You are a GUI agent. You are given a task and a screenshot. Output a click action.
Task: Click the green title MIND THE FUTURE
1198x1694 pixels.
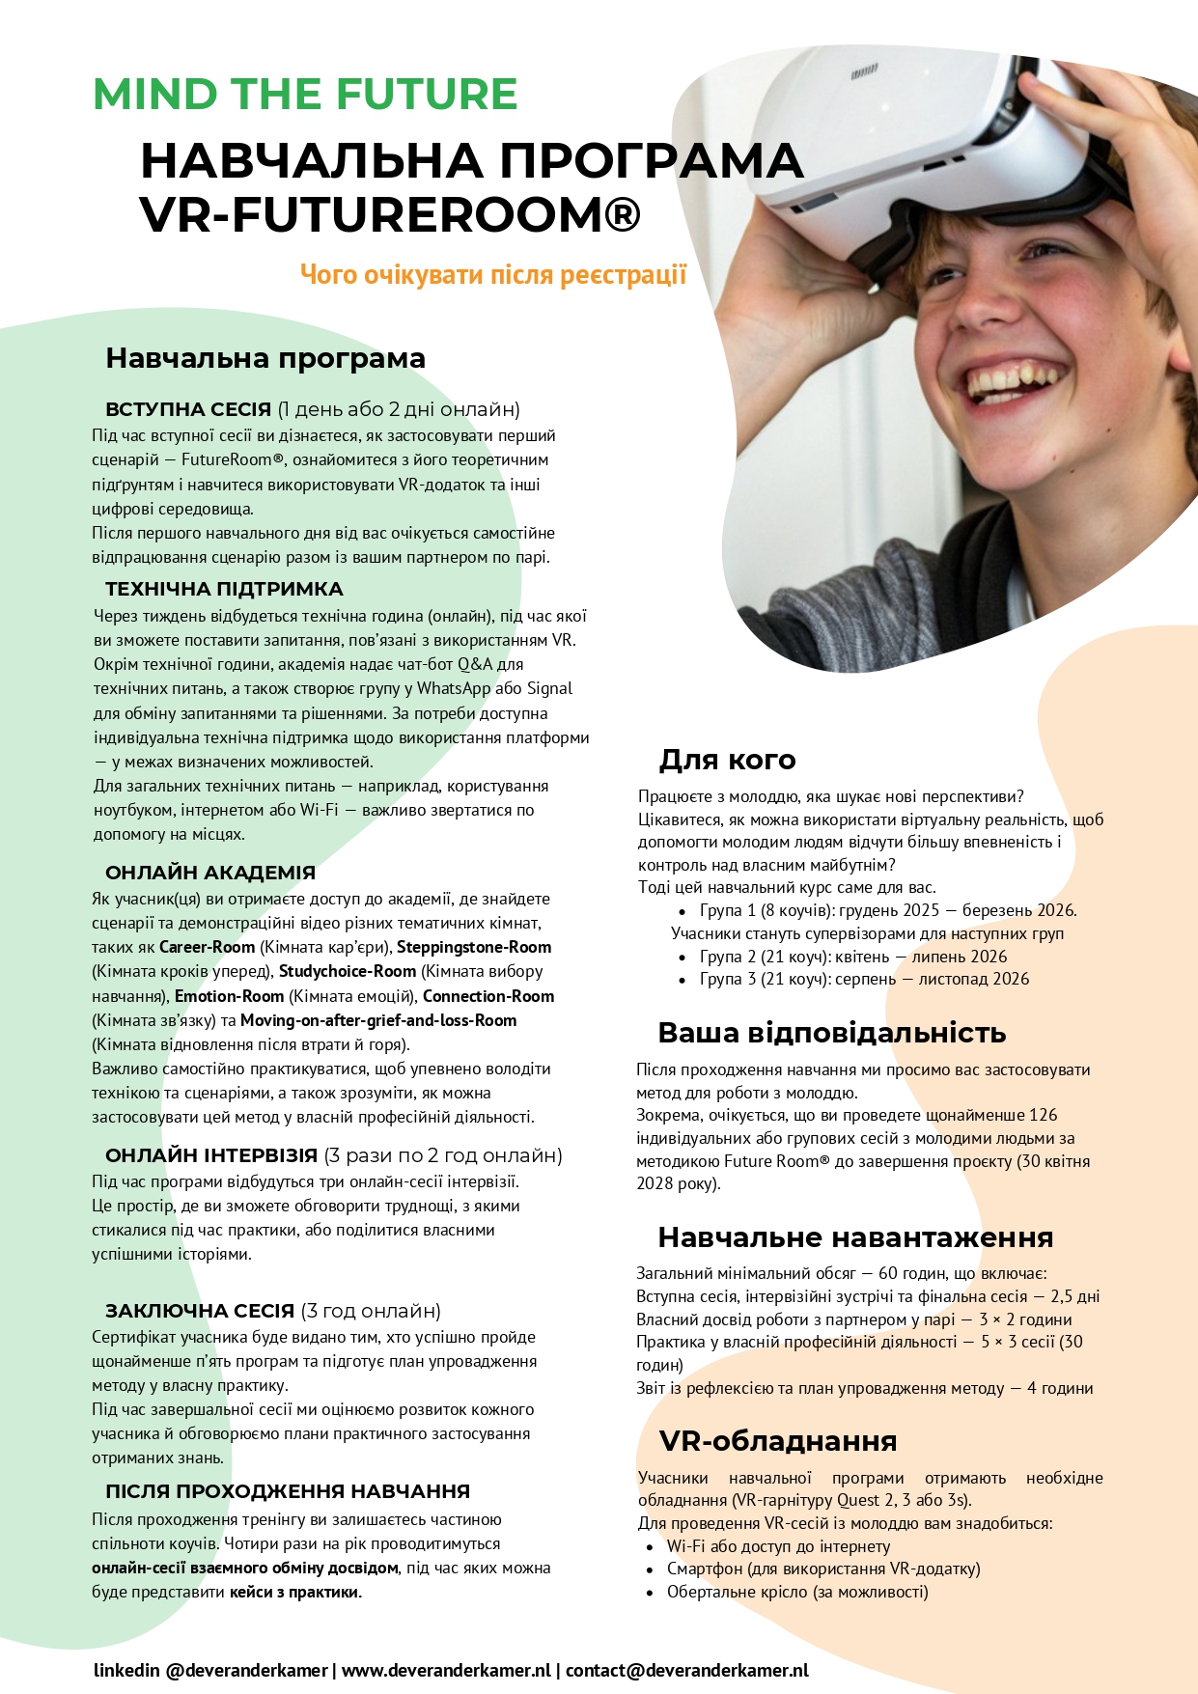pyautogui.click(x=305, y=95)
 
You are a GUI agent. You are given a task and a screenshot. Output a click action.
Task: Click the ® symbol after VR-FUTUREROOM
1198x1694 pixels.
pyautogui.click(x=614, y=214)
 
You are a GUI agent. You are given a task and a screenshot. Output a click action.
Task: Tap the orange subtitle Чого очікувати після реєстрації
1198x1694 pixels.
pyautogui.click(x=492, y=275)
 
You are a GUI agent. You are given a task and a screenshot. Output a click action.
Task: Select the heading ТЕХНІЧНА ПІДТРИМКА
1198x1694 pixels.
pyautogui.click(x=224, y=589)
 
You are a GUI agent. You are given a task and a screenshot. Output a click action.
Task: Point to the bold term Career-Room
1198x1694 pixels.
pyautogui.click(x=207, y=947)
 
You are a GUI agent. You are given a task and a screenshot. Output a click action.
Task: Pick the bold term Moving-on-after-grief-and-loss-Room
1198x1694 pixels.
pyautogui.click(x=378, y=1020)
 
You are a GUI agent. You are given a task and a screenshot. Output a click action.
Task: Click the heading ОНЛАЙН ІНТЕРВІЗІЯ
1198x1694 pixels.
pyautogui.click(x=211, y=1155)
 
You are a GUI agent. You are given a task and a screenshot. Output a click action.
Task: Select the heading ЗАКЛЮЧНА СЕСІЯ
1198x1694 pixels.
pyautogui.click(x=200, y=1311)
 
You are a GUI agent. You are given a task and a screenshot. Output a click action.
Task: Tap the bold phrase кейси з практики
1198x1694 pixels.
pyautogui.click(x=293, y=1592)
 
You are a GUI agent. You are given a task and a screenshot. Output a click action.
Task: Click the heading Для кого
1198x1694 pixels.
pyautogui.click(x=727, y=760)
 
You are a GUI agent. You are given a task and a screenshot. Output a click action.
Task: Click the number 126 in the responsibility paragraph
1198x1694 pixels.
pyautogui.click(x=1044, y=1115)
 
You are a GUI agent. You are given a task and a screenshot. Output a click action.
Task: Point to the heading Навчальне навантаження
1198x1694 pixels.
pyautogui.click(x=855, y=1237)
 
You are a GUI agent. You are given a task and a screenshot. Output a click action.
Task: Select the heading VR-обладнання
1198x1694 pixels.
pyautogui.click(x=778, y=1441)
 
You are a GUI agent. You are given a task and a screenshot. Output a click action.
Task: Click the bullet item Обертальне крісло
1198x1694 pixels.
pyautogui.click(x=797, y=1592)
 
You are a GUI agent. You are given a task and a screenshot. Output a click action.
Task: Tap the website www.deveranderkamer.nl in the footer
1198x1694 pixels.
pyautogui.click(x=446, y=1670)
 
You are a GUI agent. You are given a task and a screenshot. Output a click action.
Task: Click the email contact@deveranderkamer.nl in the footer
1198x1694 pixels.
pyautogui.click(x=686, y=1670)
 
